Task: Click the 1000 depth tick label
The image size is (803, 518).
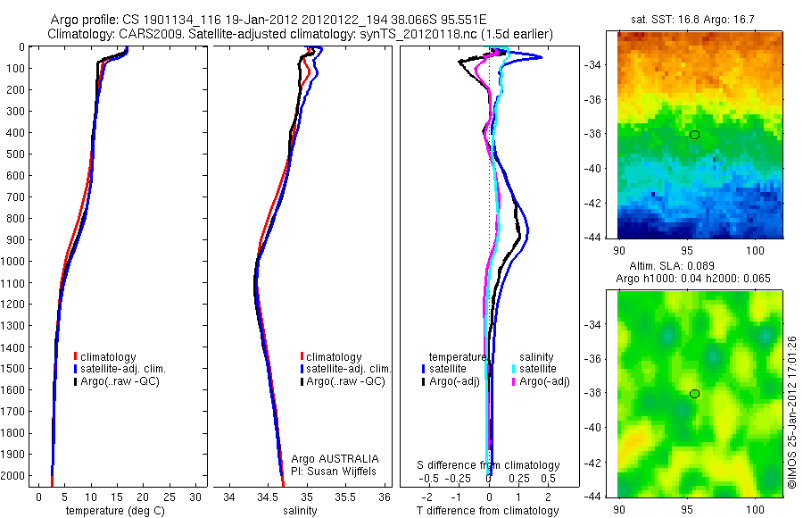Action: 12,262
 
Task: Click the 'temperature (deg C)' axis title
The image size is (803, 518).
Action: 112,511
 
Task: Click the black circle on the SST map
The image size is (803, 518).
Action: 694,135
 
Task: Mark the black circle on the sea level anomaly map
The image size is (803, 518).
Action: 694,394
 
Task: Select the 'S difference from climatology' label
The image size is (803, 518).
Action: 489,465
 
